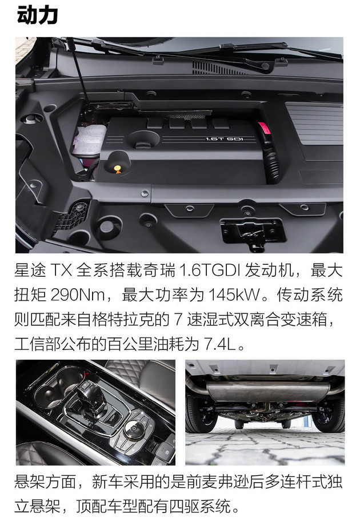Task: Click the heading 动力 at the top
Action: tap(37, 15)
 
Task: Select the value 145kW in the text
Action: tap(234, 295)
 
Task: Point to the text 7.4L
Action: tap(220, 344)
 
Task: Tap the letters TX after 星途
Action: tap(61, 270)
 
